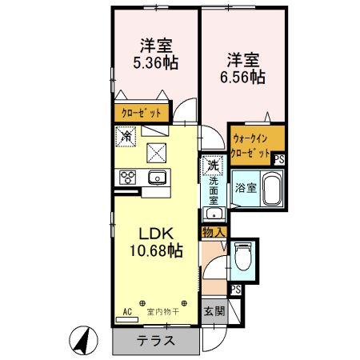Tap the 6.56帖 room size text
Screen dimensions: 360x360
[243, 78]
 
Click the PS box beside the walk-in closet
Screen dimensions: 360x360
[278, 160]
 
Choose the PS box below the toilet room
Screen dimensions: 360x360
[235, 290]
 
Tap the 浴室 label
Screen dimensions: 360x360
[245, 189]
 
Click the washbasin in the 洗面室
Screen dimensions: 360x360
[212, 214]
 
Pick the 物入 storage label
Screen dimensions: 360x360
[214, 233]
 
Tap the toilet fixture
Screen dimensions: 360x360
[244, 258]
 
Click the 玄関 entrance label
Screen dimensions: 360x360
[213, 310]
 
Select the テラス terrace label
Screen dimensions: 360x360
[156, 339]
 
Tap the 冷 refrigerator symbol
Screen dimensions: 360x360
[127, 137]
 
